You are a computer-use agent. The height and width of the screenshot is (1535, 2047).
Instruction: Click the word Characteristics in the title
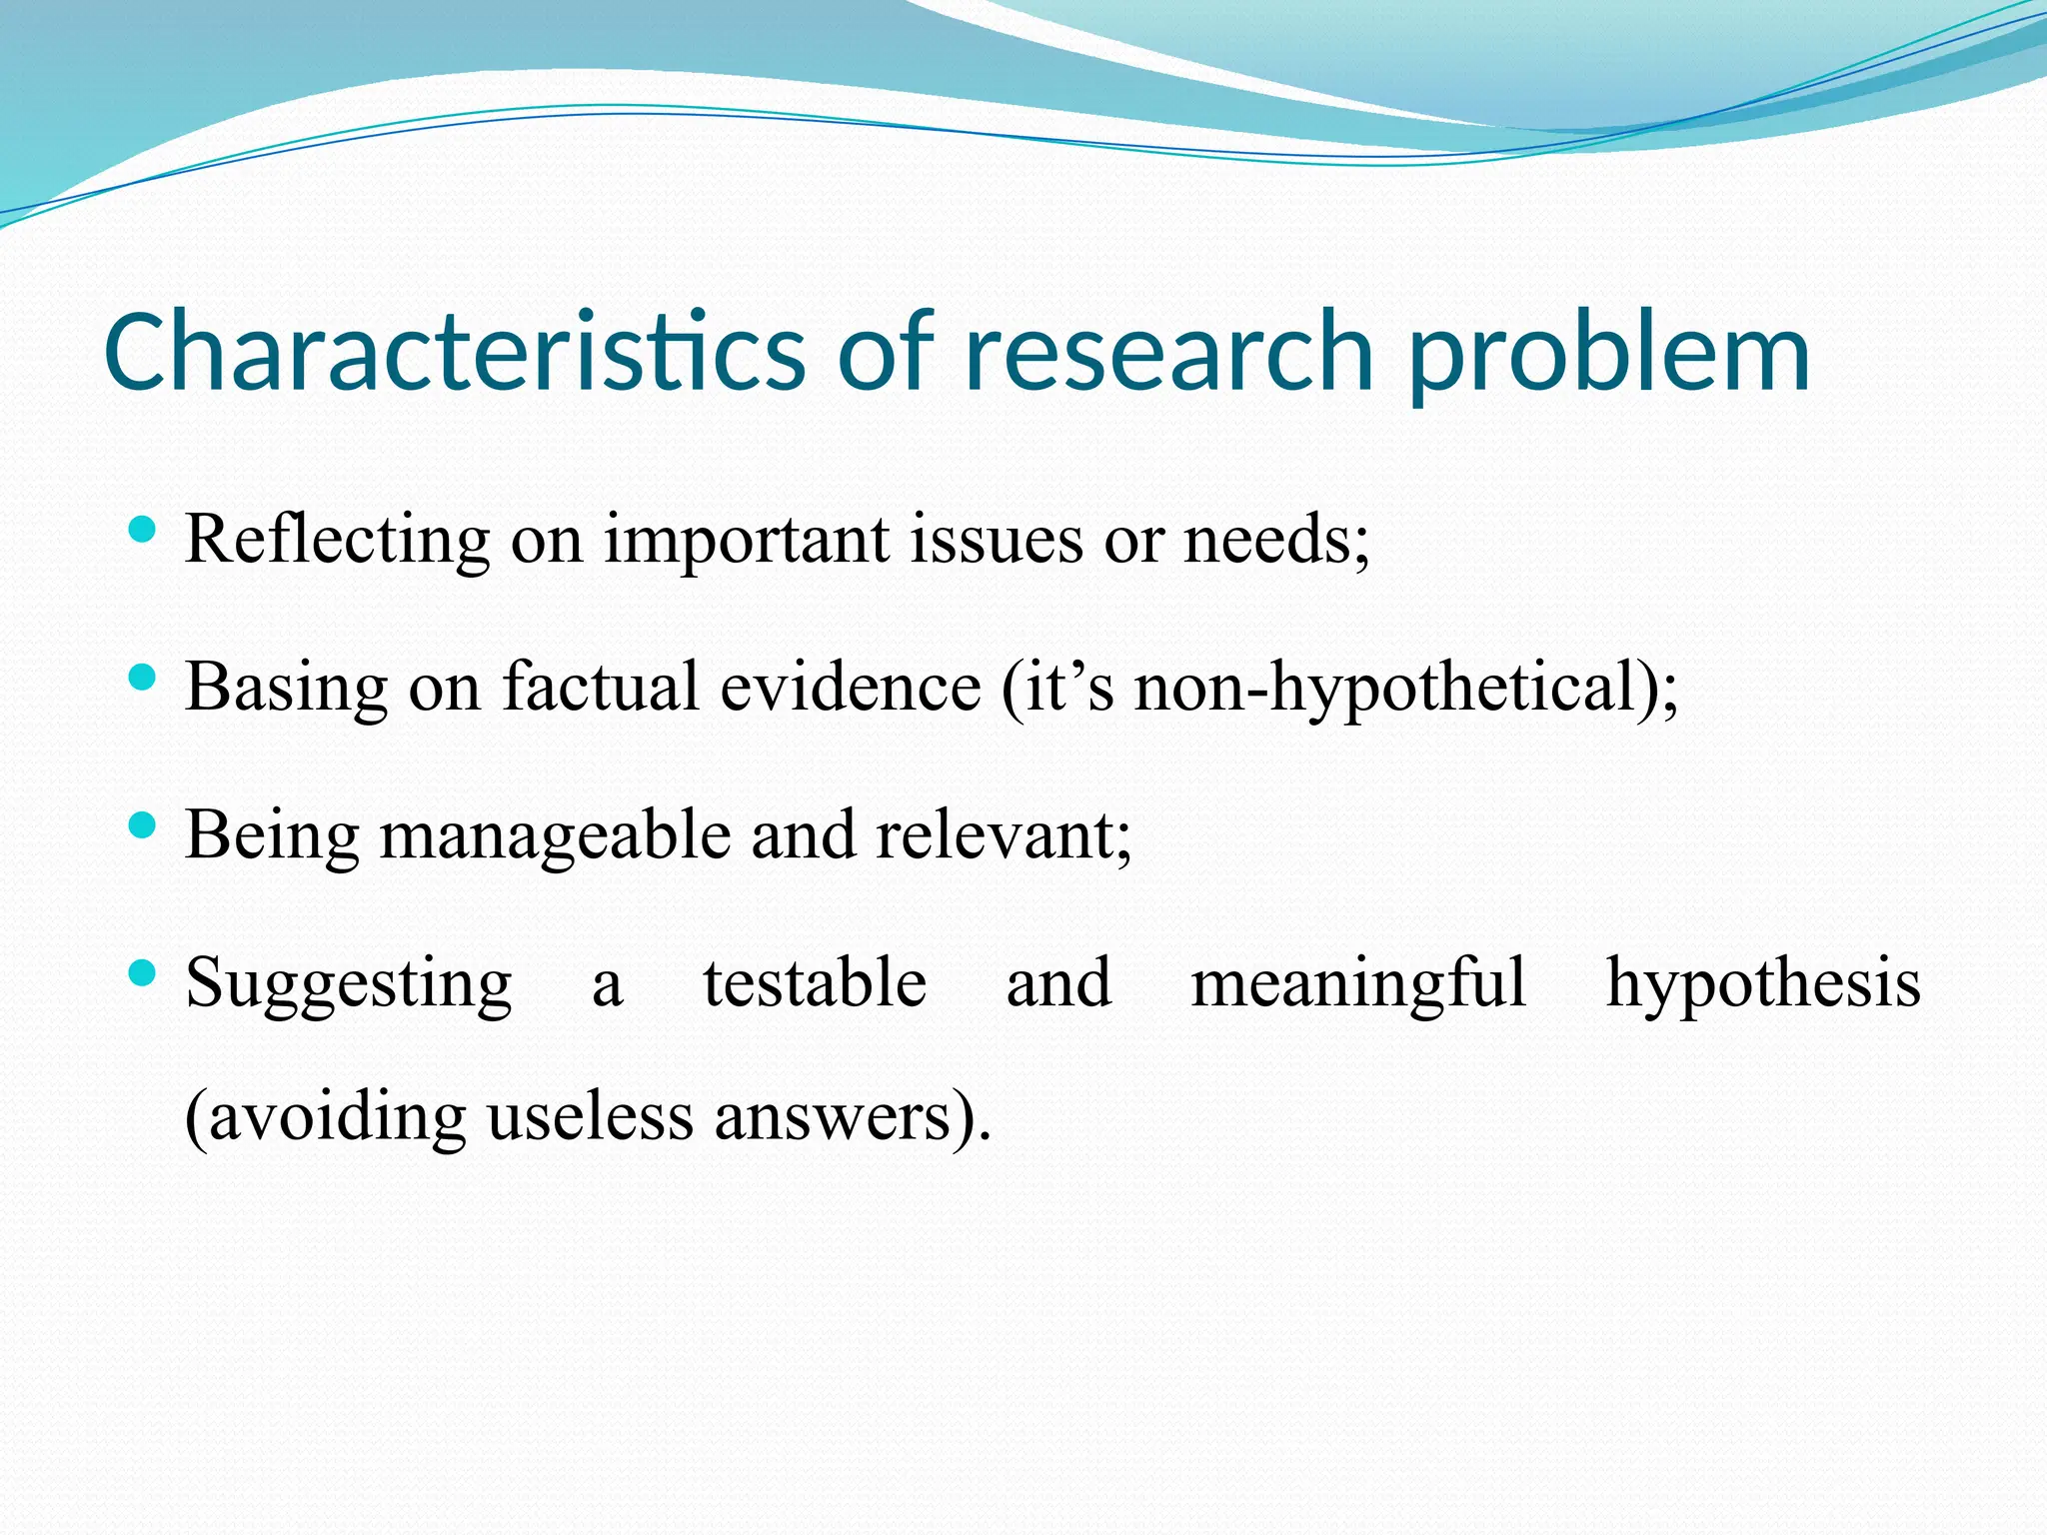(x=455, y=352)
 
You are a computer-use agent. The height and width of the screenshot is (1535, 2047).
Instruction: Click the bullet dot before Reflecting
(x=143, y=530)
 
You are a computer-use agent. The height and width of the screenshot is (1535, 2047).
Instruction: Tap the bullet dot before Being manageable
(x=143, y=825)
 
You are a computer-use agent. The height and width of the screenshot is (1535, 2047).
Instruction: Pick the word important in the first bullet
(x=746, y=541)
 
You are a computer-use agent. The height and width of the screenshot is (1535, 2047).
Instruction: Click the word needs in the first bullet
(x=1268, y=541)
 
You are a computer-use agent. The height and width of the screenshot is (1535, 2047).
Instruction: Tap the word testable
(x=815, y=983)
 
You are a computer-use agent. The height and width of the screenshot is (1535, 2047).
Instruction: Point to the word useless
(x=590, y=1117)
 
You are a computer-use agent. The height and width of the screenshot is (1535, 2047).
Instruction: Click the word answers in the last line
(x=830, y=1117)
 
